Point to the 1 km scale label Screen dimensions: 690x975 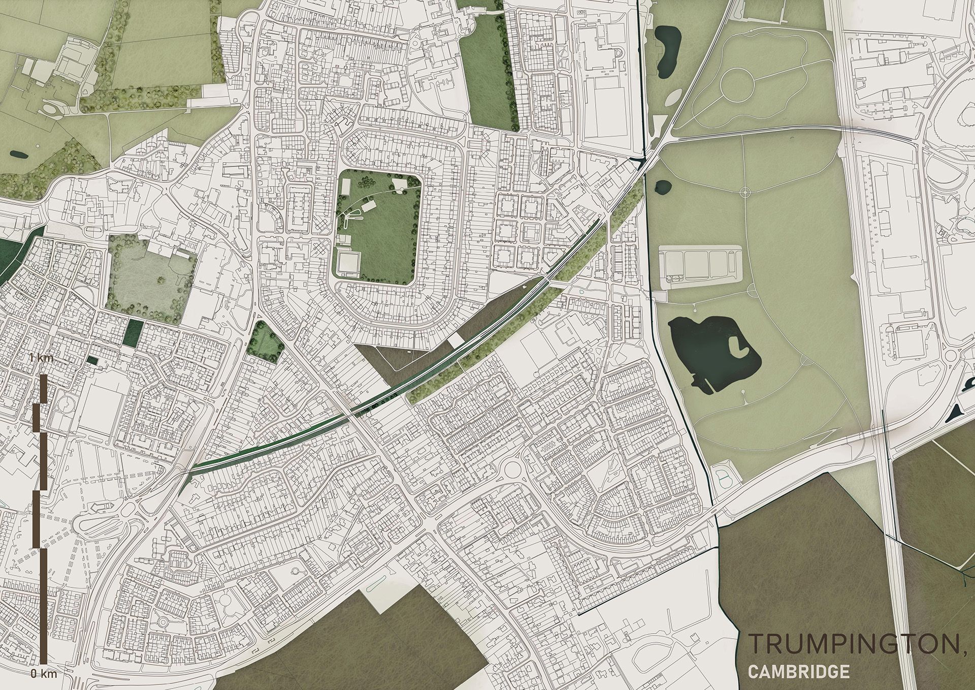(x=41, y=358)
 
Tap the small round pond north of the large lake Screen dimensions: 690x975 (x=663, y=187)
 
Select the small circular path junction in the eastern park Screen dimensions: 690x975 (x=744, y=192)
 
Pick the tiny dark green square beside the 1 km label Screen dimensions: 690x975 (x=92, y=360)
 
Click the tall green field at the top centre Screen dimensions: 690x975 (x=487, y=71)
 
